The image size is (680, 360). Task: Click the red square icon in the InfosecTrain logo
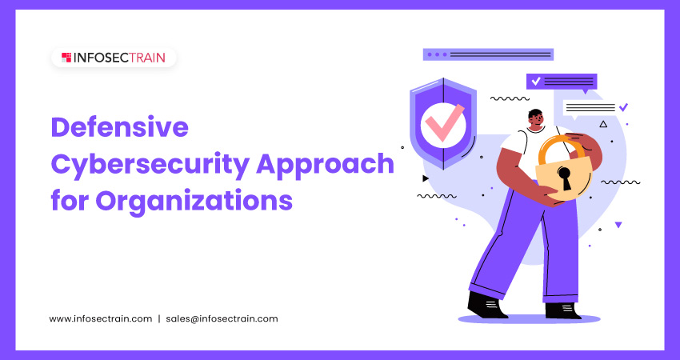tap(66, 58)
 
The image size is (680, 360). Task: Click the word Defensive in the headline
tap(120, 127)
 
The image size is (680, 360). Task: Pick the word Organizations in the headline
tap(194, 202)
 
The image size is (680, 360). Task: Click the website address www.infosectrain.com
tap(101, 318)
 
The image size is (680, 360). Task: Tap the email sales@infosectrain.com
tap(222, 318)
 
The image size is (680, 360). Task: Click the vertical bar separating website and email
tap(159, 318)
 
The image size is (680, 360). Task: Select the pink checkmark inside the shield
tap(444, 123)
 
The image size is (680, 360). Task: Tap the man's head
tap(536, 119)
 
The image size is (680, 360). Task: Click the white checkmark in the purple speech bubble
tap(536, 81)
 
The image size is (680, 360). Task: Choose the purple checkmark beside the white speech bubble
tap(623, 106)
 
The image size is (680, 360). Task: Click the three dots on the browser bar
tap(437, 54)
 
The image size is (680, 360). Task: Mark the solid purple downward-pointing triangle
tap(618, 225)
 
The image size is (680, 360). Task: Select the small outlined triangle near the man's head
tap(603, 125)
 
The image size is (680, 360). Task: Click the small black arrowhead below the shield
tap(426, 178)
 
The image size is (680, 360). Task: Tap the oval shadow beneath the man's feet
tap(529, 319)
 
